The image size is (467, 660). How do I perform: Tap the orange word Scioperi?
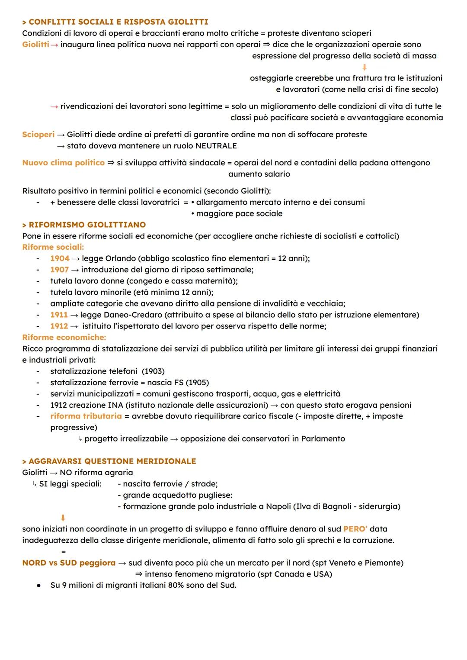[38, 135]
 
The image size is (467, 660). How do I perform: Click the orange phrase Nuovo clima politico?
[63, 163]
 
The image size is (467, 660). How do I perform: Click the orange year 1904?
[60, 258]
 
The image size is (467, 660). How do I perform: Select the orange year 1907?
[59, 270]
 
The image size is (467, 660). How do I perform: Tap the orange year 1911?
[59, 315]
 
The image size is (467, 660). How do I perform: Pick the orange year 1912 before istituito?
[59, 326]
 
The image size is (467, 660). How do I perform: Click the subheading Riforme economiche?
[64, 337]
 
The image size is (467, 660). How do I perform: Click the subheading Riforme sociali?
[53, 247]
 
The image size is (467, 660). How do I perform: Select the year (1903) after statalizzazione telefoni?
[153, 371]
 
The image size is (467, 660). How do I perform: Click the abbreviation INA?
[112, 405]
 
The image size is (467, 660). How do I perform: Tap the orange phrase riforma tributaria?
[86, 416]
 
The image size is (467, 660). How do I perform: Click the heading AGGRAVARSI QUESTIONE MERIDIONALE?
[112, 461]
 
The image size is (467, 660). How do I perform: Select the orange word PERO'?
[355, 529]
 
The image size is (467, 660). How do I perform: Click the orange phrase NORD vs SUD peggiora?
[69, 563]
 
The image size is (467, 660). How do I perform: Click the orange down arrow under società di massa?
[364, 67]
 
